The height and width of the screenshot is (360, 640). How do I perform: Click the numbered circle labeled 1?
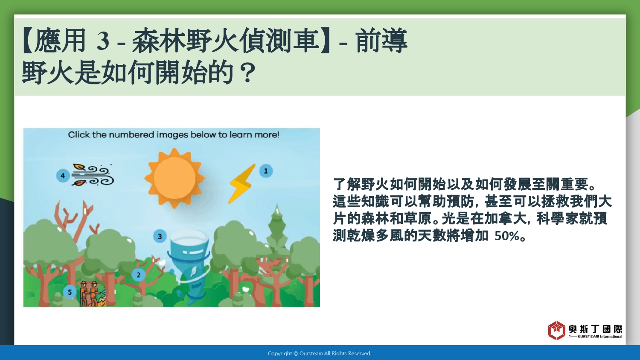tap(266, 171)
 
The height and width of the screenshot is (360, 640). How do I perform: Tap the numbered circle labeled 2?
tap(139, 275)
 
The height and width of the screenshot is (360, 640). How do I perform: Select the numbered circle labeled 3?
tap(160, 236)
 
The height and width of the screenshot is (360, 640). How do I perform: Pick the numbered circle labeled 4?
tap(63, 175)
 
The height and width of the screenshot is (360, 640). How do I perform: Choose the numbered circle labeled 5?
tap(70, 292)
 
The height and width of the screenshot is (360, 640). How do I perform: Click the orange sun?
tap(175, 178)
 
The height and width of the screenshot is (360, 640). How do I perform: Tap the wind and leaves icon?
tap(93, 174)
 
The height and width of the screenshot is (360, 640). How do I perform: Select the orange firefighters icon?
tap(92, 294)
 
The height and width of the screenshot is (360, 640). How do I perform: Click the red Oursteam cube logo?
tap(556, 330)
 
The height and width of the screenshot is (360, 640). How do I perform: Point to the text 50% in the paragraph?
tap(506, 236)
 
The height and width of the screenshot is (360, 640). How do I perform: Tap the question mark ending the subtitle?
tap(246, 73)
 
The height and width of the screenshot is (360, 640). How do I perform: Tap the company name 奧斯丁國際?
tap(596, 329)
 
